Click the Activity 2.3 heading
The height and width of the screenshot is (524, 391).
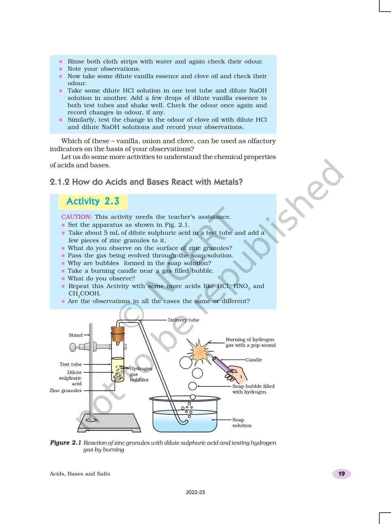[93, 201]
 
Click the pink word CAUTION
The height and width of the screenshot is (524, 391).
[76, 217]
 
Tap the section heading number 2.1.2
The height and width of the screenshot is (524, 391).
[59, 182]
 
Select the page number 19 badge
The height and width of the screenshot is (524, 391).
[341, 474]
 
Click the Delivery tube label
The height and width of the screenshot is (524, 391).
[183, 320]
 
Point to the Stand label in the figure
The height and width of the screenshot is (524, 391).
[75, 335]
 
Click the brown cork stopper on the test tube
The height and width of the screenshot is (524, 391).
[118, 334]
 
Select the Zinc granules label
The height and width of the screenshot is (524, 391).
[66, 391]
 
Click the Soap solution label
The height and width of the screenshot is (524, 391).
[242, 423]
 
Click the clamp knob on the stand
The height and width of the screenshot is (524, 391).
[73, 347]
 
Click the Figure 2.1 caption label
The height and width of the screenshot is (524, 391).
[65, 443]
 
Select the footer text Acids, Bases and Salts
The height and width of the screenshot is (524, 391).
[80, 474]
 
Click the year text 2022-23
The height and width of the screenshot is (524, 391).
[195, 492]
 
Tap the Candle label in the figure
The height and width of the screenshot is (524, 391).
[253, 360]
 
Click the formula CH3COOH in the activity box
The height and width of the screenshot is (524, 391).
[84, 294]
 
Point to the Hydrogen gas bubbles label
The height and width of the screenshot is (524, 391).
[140, 374]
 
